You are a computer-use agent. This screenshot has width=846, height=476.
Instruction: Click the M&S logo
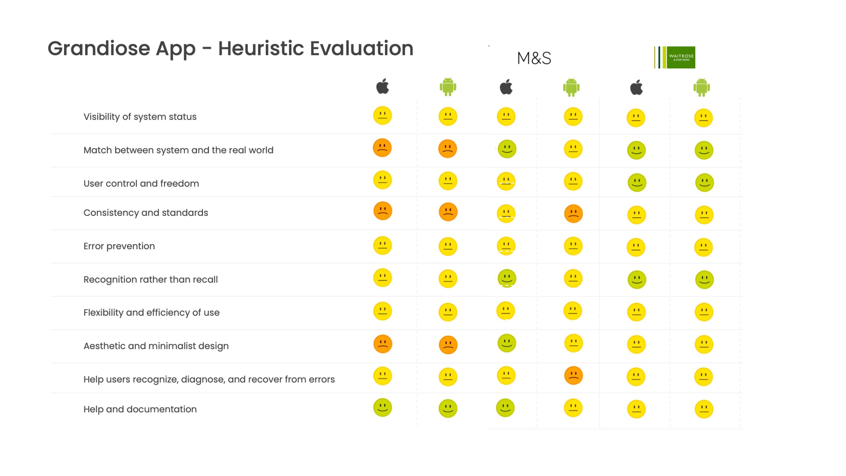click(534, 58)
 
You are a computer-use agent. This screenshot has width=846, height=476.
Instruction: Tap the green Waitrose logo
click(674, 57)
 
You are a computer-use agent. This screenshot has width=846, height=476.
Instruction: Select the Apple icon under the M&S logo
click(506, 87)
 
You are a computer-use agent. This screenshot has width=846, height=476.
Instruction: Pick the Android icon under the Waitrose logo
click(702, 87)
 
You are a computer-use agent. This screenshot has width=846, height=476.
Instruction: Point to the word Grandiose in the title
click(99, 48)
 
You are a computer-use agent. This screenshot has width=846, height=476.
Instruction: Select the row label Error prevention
click(119, 246)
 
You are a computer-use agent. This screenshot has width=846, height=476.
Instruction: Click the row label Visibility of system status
click(140, 117)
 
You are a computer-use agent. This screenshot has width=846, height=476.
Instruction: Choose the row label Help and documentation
click(140, 409)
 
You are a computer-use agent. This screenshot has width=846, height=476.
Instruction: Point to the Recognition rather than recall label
click(150, 280)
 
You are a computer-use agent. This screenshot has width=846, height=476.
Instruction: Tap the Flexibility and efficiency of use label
click(151, 313)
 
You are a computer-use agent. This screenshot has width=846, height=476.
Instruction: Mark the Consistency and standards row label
click(146, 213)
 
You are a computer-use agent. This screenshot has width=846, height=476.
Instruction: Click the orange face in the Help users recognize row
click(573, 376)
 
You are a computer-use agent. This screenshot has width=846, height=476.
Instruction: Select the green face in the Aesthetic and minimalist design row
click(507, 343)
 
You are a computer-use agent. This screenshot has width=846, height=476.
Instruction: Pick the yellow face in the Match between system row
click(573, 149)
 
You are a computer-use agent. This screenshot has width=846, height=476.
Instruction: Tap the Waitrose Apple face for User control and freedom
click(637, 182)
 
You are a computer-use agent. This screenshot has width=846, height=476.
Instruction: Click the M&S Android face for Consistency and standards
click(573, 214)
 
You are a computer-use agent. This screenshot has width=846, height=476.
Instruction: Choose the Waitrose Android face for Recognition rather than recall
click(704, 280)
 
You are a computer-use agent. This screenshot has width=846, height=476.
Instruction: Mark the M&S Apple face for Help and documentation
click(505, 408)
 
